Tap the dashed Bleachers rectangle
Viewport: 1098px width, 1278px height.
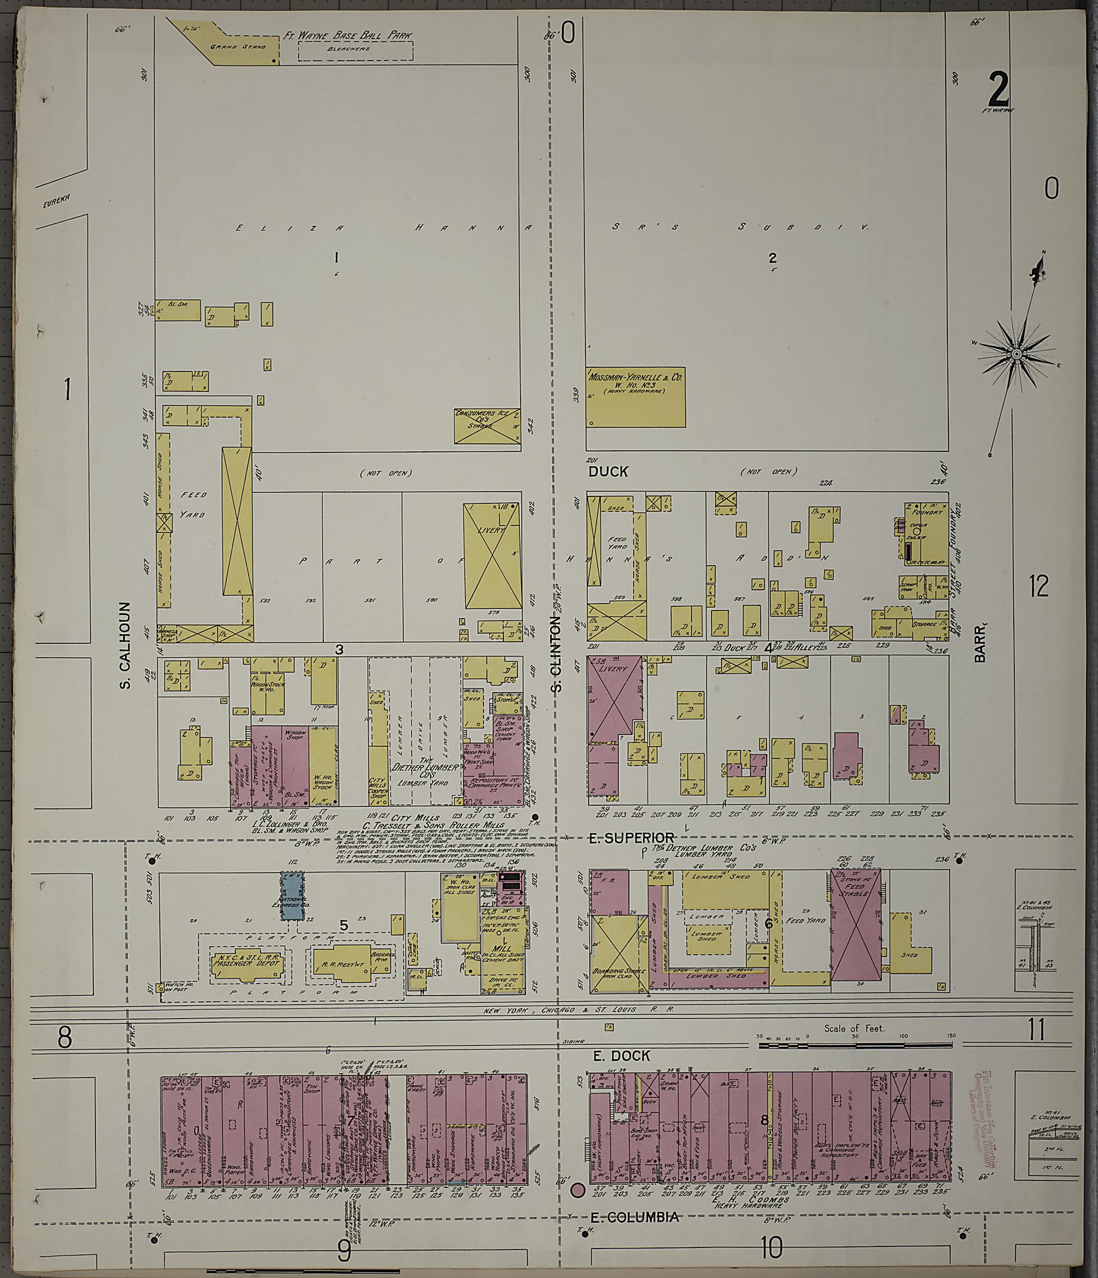pos(355,50)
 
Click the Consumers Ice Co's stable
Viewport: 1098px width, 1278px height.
pos(487,425)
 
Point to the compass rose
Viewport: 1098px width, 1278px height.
pos(1017,353)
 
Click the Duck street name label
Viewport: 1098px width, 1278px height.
pos(607,472)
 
